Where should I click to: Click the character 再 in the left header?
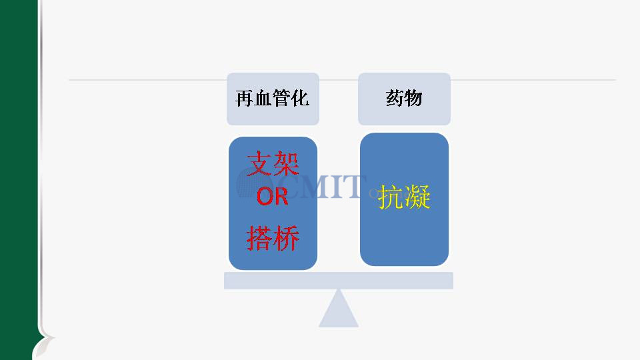click(245, 99)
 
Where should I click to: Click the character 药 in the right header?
click(395, 99)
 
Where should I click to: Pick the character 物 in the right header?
click(413, 99)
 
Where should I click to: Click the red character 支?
click(259, 163)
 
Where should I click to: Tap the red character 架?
click(286, 163)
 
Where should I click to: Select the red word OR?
click(272, 196)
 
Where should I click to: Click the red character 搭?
click(259, 238)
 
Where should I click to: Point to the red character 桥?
click(286, 238)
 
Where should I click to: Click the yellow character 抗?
click(391, 197)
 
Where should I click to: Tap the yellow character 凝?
click(417, 197)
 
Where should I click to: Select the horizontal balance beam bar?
click(339, 281)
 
